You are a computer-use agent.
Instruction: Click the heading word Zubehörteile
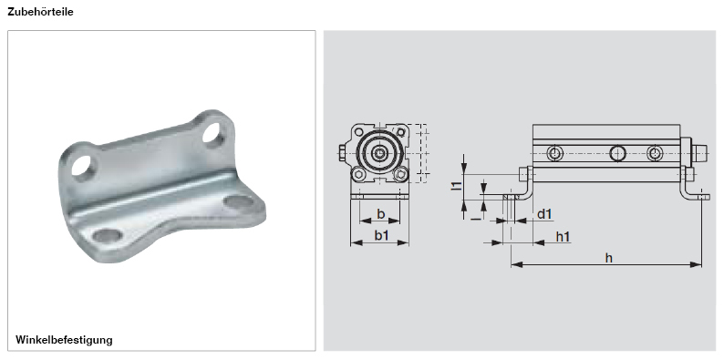[x=40, y=12]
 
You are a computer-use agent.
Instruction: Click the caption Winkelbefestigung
[x=64, y=340]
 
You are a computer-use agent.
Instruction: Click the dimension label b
[x=381, y=214]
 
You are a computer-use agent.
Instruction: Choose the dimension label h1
[x=564, y=236]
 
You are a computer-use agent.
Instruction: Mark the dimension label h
[x=609, y=258]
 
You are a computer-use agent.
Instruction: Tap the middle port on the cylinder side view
[x=618, y=153]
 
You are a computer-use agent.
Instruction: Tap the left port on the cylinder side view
[x=555, y=153]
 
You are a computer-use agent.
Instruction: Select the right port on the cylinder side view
[x=655, y=153]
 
